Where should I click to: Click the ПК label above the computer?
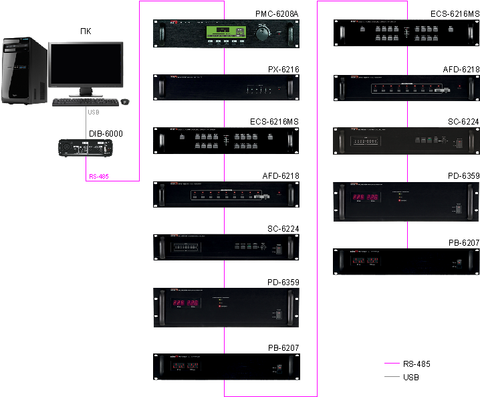click(86, 31)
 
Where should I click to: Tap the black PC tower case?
click(23, 71)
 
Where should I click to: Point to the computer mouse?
click(124, 102)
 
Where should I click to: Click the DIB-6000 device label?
click(106, 134)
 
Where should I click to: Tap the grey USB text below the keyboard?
click(94, 113)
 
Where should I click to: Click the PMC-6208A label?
click(277, 13)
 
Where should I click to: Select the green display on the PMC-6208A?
click(223, 31)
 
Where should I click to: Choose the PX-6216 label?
click(283, 69)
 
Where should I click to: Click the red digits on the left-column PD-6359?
click(186, 303)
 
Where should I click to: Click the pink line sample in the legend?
click(392, 364)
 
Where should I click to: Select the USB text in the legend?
click(412, 378)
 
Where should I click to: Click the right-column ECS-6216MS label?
click(455, 13)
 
